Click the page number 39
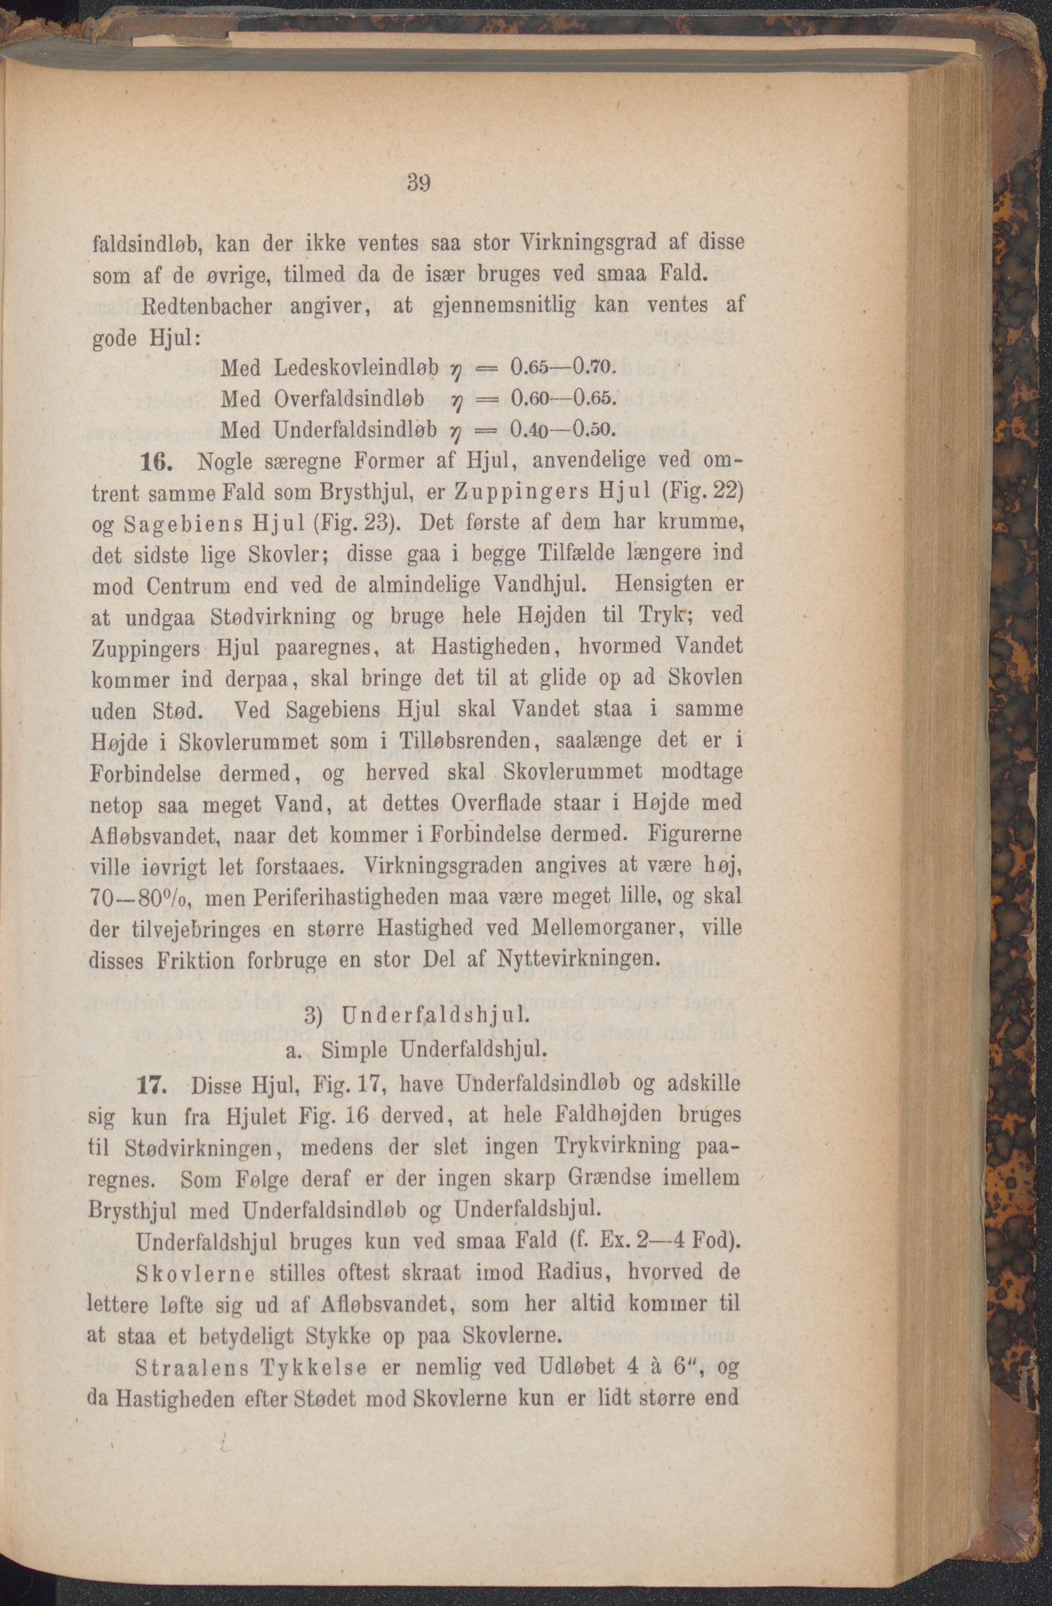(418, 183)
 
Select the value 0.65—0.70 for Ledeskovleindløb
(562, 367)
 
